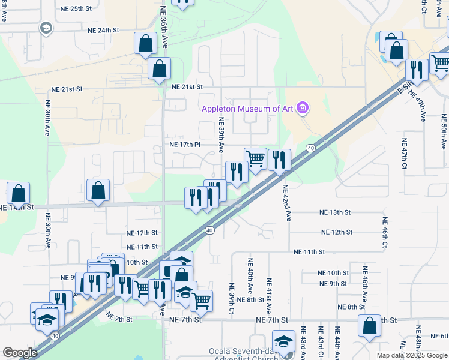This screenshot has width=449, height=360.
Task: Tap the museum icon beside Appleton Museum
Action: (303, 109)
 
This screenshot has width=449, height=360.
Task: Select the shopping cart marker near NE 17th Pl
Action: (256, 159)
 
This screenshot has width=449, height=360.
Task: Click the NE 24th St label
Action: (104, 30)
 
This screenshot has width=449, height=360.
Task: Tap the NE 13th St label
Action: (335, 212)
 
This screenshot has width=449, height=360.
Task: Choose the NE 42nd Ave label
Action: (287, 203)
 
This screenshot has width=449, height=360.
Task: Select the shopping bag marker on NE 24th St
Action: (146, 44)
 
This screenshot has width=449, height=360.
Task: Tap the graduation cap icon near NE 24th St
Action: (46, 28)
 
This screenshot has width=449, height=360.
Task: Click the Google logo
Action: (20, 352)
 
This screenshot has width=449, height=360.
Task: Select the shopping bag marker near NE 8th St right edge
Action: (370, 326)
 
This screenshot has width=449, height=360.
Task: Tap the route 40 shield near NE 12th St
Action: (209, 230)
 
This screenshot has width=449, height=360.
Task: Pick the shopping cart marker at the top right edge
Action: (441, 62)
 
